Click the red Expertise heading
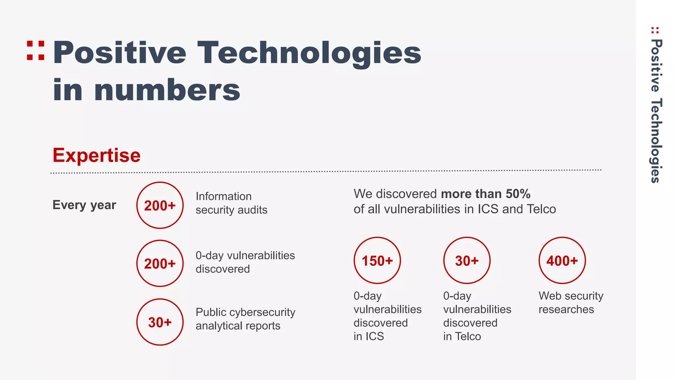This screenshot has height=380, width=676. click(x=96, y=155)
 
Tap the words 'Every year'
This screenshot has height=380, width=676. click(x=84, y=205)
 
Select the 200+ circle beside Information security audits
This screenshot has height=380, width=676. click(x=160, y=205)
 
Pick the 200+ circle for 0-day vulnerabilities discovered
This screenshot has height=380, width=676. click(x=160, y=263)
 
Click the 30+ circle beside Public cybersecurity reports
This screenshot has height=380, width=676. click(x=160, y=322)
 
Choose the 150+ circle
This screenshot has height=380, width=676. click(x=377, y=261)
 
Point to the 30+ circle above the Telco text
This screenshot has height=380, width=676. click(x=467, y=261)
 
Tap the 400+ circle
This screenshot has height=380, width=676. click(x=562, y=261)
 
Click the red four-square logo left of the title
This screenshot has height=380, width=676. click(x=36, y=50)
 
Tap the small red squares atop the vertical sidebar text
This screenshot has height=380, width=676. click(x=655, y=30)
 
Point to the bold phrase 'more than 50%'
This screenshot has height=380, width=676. click(x=486, y=194)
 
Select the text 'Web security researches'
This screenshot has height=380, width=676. click(x=571, y=302)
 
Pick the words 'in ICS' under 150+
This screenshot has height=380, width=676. click(x=369, y=336)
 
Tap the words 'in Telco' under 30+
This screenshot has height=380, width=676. click(x=462, y=336)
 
